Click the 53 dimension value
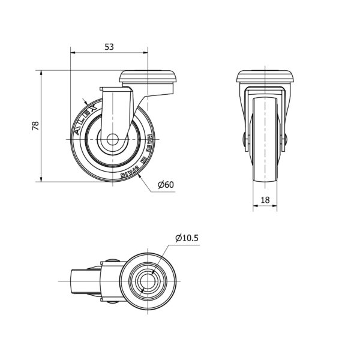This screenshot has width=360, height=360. pyautogui.click(x=109, y=47)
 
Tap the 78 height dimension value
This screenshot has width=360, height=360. pyautogui.click(x=35, y=126)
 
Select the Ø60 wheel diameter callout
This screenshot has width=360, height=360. pyautogui.click(x=166, y=184)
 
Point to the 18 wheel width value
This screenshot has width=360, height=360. pyautogui.click(x=265, y=200)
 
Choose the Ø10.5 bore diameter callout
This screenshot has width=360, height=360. pyautogui.click(x=187, y=238)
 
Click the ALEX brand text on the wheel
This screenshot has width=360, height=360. pyautogui.click(x=86, y=120)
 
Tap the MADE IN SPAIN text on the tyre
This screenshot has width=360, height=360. pyautogui.click(x=140, y=158)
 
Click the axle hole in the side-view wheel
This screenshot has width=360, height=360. pyautogui.click(x=113, y=139)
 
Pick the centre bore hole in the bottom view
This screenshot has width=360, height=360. pyautogui.click(x=148, y=281)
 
